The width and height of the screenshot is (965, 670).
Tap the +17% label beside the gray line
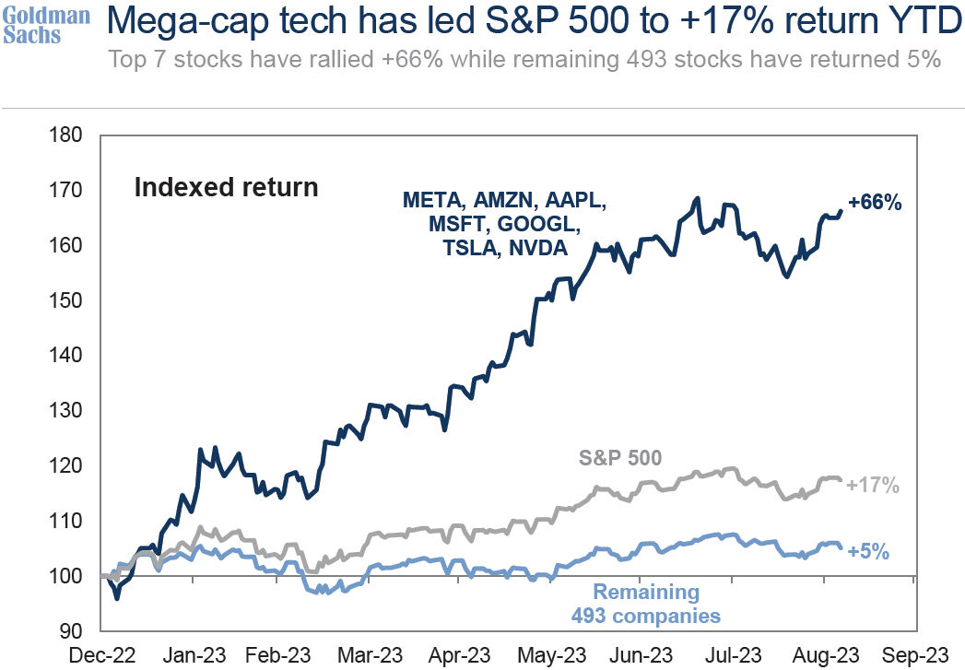tap(872, 484)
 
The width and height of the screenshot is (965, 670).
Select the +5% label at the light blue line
tap(867, 552)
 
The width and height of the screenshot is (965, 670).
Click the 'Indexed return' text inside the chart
tap(226, 188)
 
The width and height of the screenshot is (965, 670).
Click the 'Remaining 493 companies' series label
tap(645, 604)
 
